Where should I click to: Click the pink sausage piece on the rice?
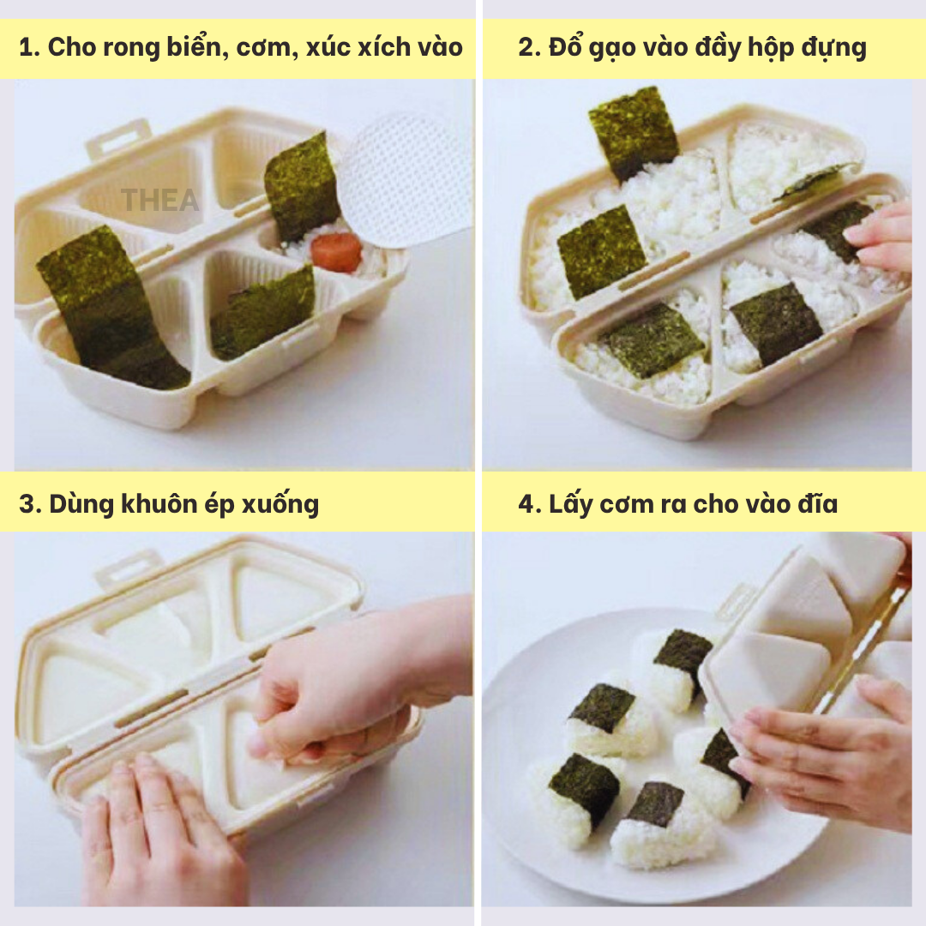336,252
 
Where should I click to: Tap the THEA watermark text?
160,200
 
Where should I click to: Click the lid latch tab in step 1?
119,138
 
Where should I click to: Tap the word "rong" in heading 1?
130,48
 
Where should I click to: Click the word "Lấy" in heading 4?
570,504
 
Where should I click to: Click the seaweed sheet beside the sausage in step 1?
302,187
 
